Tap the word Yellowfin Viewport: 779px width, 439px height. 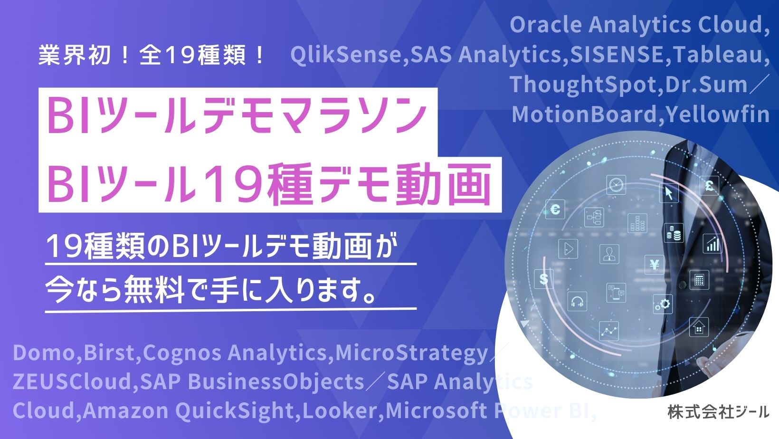(x=717, y=114)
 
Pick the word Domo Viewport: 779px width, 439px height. (x=44, y=353)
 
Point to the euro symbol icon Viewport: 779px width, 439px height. (x=555, y=209)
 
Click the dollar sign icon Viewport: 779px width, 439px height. (x=544, y=278)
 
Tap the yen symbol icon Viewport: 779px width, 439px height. (x=654, y=265)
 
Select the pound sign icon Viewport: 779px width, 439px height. (x=709, y=186)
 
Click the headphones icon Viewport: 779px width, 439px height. (x=577, y=301)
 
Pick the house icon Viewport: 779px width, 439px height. (x=699, y=327)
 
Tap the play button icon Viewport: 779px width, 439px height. (x=568, y=248)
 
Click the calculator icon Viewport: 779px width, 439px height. (x=699, y=279)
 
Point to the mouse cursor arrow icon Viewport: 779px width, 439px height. (x=669, y=193)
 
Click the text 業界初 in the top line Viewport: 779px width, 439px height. (x=75, y=55)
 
